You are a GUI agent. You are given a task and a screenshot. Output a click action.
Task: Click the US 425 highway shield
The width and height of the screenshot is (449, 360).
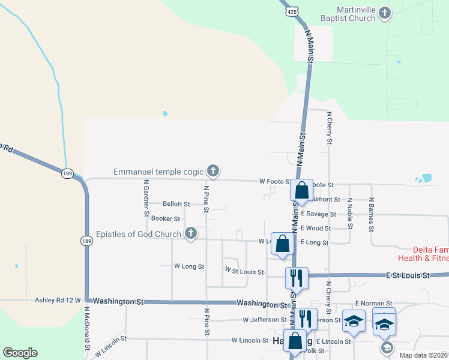click(x=291, y=11)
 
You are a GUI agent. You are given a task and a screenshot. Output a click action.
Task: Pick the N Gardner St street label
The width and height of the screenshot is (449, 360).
click(x=146, y=197)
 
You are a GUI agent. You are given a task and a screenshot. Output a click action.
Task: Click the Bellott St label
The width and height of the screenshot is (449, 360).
click(x=176, y=205)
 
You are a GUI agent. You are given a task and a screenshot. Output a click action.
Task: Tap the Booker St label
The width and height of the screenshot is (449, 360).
click(x=166, y=218)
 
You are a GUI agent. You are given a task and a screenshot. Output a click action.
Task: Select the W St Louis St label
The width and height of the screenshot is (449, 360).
click(x=244, y=272)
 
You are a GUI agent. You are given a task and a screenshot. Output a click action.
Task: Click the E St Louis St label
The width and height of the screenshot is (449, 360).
click(x=408, y=275)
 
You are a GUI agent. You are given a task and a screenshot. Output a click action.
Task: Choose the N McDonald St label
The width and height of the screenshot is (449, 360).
click(x=87, y=329)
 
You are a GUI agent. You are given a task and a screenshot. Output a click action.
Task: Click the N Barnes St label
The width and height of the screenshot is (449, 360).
click(x=372, y=214)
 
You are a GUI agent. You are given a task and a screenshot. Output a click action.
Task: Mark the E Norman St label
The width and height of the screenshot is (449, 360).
click(x=373, y=304)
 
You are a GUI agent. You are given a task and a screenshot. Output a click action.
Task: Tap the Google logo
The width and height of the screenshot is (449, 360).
click(x=20, y=353)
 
